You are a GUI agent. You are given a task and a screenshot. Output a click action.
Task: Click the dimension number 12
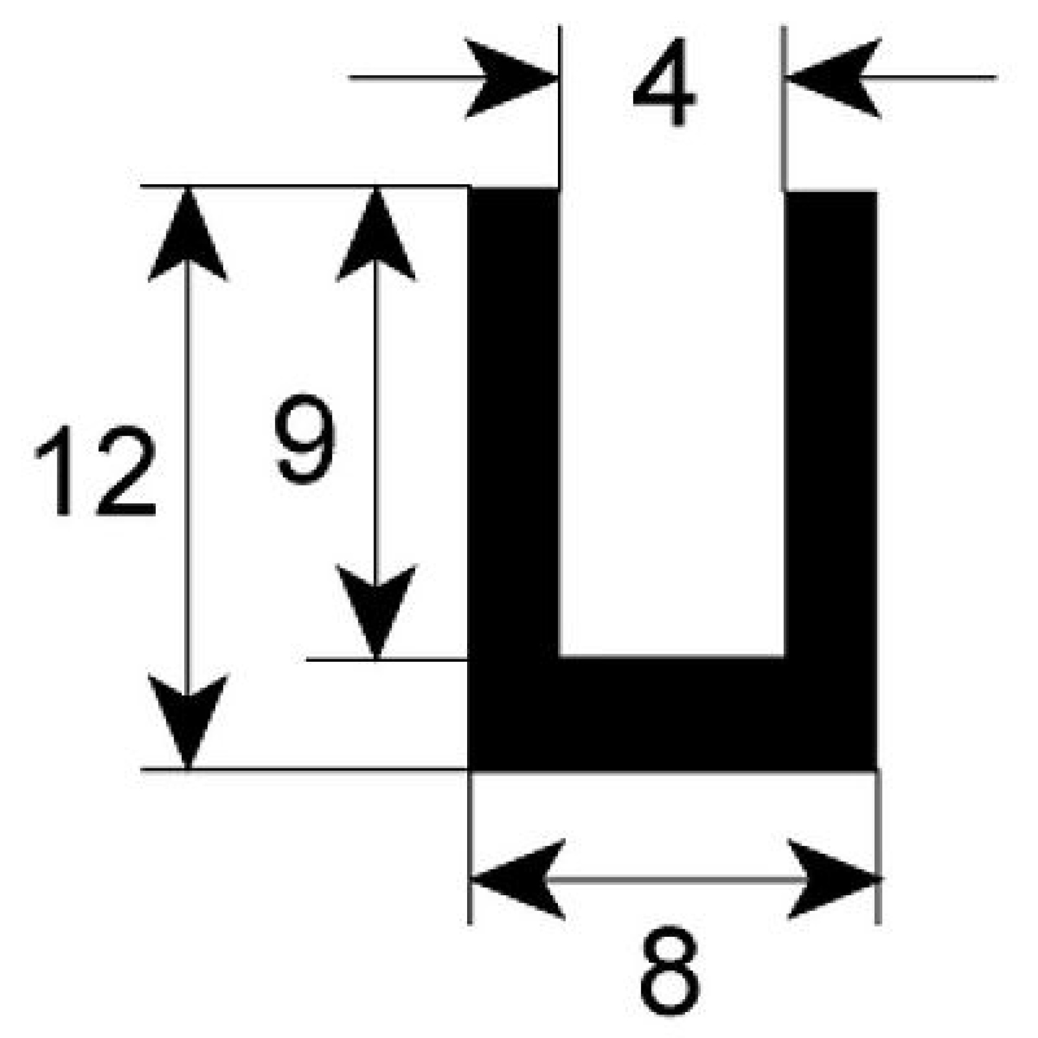96,470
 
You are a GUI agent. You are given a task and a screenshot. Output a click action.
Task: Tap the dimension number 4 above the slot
664,82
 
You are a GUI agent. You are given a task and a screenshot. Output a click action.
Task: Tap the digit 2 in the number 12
125,470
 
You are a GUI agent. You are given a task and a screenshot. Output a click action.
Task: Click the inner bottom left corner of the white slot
559,657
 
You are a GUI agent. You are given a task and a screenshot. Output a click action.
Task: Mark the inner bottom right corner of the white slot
784,657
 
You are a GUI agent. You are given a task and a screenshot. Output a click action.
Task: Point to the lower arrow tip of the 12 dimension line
187,768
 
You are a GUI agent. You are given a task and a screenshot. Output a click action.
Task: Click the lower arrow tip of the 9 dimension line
376,658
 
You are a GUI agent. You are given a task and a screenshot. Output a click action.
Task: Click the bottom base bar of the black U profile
672,714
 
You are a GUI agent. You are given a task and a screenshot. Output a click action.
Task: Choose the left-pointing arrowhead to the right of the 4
833,78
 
